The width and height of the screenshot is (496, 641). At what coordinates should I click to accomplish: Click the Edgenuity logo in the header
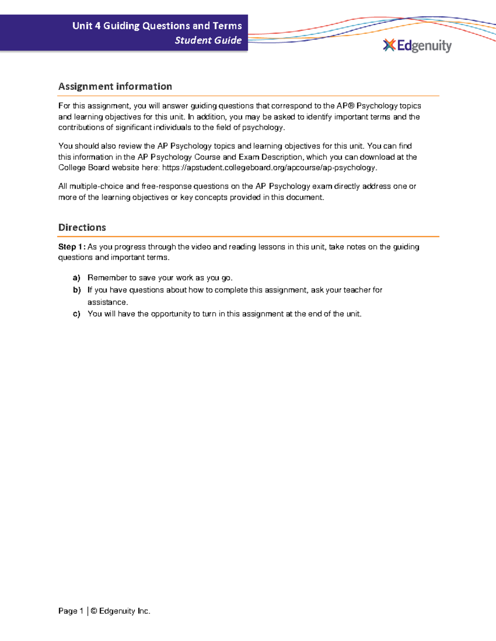click(417, 46)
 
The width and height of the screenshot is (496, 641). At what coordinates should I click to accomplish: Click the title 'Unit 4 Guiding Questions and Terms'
click(157, 26)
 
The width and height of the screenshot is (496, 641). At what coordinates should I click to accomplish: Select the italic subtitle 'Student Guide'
click(208, 40)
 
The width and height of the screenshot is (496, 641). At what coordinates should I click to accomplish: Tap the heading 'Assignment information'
click(115, 86)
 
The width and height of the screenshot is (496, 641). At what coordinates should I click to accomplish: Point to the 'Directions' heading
click(82, 227)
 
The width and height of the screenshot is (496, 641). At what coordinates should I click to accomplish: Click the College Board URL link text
click(269, 168)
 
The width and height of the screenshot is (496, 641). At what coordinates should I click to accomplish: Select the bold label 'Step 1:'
click(72, 247)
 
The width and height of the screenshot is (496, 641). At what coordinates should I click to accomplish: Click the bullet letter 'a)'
click(76, 278)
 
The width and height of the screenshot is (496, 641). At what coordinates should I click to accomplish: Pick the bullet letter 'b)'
click(76, 290)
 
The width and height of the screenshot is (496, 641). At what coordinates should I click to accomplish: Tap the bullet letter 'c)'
click(76, 314)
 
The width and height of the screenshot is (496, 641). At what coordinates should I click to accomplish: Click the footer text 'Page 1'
click(71, 611)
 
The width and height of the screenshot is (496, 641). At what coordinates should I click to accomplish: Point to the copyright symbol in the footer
click(94, 611)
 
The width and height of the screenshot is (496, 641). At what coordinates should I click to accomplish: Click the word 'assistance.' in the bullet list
click(107, 302)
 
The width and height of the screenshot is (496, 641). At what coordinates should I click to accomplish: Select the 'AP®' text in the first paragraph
click(346, 106)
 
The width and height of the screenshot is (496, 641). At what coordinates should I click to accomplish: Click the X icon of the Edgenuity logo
click(389, 45)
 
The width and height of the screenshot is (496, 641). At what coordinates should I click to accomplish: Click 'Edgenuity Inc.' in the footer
click(124, 611)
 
